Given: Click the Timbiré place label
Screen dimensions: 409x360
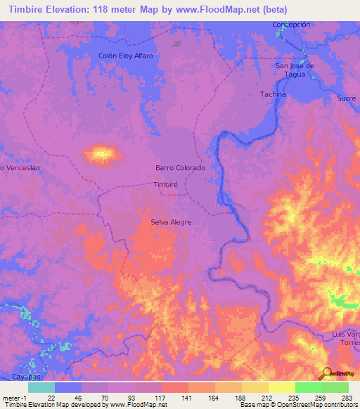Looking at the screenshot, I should click(168, 185).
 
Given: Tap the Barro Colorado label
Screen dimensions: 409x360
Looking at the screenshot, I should click(180, 168).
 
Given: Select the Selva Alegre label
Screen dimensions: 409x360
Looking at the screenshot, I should click(171, 222).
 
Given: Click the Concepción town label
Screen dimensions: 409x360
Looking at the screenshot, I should click(291, 25).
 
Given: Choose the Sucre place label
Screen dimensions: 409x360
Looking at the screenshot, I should click(346, 99).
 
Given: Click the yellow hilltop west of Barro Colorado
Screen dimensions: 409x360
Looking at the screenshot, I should click(102, 152).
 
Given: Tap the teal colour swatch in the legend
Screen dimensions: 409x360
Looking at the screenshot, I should click(41, 387).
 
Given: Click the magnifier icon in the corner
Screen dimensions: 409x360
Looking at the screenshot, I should click(326, 372).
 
